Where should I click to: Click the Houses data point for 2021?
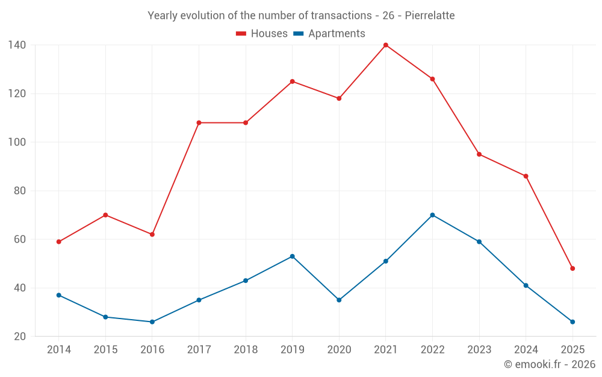(386, 45)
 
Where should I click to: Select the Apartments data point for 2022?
(432, 215)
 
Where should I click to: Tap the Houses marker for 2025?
(573, 268)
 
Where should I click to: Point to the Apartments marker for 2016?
(152, 322)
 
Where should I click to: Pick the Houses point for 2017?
(199, 123)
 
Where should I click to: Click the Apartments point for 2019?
(292, 256)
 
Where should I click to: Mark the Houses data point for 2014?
(58, 242)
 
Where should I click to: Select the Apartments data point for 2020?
(339, 300)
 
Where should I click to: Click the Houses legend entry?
(262, 34)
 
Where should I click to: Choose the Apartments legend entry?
(329, 34)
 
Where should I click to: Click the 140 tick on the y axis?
(17, 45)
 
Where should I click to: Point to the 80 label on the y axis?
(19, 191)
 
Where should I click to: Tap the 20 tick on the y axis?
(19, 336)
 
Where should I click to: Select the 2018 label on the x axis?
(245, 350)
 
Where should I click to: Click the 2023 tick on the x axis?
(479, 350)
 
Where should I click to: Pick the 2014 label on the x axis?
(58, 350)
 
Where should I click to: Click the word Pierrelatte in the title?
(430, 15)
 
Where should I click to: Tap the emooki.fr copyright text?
(550, 364)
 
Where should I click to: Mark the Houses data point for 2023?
(479, 154)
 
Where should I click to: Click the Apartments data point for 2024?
(526, 285)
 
